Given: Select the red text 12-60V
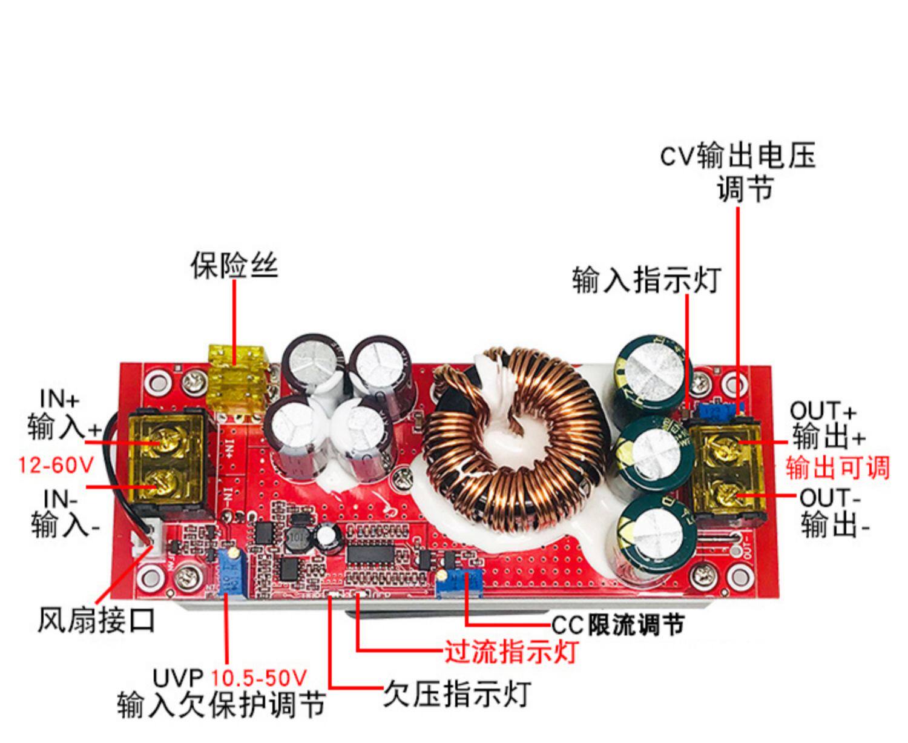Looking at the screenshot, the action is point(56,465).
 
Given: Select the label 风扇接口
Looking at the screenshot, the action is point(97,620).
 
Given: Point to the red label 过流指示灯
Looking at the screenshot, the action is point(511,652).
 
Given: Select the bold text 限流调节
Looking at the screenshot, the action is point(636,624).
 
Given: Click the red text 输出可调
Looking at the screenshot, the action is point(838,467).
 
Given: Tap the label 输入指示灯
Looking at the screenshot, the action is point(646,280).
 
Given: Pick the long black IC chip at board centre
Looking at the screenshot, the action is point(371,553).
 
